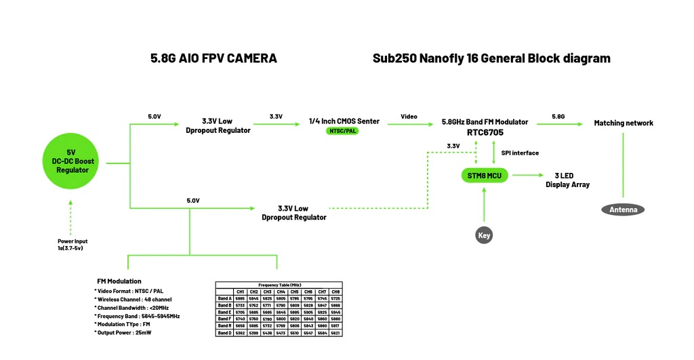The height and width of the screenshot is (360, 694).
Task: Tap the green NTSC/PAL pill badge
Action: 343,131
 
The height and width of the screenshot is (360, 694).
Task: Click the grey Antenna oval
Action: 623,209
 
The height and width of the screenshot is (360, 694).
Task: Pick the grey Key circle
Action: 484,236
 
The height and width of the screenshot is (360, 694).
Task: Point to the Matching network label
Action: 624,123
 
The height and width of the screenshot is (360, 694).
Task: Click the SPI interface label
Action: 520,153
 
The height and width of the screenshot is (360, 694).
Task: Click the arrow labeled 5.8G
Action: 559,124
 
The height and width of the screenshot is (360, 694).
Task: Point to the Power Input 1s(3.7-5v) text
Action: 73,245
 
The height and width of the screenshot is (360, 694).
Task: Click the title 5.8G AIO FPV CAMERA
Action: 213,58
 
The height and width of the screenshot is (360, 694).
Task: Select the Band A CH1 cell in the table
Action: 240,298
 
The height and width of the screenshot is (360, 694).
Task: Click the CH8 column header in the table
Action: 335,292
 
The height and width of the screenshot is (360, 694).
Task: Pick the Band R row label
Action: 224,325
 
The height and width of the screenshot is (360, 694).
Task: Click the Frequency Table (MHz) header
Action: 279,285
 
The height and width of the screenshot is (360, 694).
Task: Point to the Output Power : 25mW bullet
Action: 123,333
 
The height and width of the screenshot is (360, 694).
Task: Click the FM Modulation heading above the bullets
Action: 119,281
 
